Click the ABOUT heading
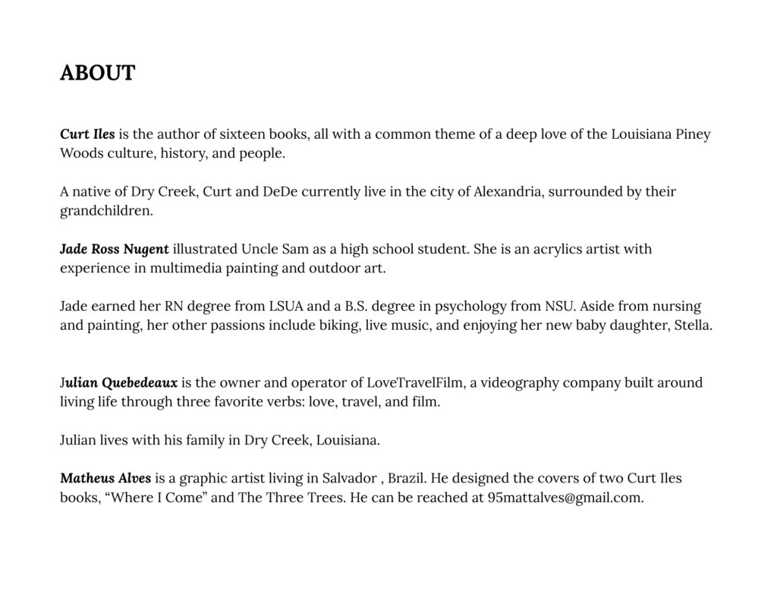pos(97,74)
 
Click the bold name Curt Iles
pos(87,134)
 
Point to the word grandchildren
pos(105,211)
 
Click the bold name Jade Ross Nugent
pos(115,249)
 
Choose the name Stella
pos(693,325)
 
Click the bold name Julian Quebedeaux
pos(118,382)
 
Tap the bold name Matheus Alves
pos(105,479)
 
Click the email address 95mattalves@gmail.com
pos(565,498)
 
